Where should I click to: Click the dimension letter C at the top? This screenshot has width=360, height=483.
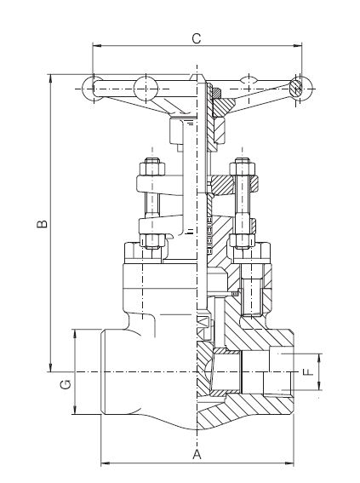pyautogui.click(x=197, y=38)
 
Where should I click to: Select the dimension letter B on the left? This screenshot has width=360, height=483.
pyautogui.click(x=43, y=224)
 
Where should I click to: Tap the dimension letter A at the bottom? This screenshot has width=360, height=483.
pyautogui.click(x=197, y=454)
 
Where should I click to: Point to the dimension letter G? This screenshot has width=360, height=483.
pyautogui.click(x=66, y=384)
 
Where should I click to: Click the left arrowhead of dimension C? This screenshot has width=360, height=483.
pyautogui.click(x=97, y=46)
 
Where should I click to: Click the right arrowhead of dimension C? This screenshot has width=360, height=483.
pyautogui.click(x=298, y=46)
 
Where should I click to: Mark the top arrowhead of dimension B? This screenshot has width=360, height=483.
pyautogui.click(x=51, y=78)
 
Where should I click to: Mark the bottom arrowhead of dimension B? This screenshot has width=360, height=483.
pyautogui.click(x=51, y=367)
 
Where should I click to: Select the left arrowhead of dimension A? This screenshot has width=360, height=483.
pyautogui.click(x=106, y=463)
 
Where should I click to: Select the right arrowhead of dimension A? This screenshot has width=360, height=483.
pyautogui.click(x=289, y=463)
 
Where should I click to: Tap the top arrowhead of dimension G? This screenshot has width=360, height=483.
pyautogui.click(x=75, y=334)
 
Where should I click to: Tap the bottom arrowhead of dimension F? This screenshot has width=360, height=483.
pyautogui.click(x=319, y=386)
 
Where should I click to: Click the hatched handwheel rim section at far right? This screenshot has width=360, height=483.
pyautogui.click(x=296, y=89)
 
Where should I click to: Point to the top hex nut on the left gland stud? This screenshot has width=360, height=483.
pyautogui.click(x=152, y=167)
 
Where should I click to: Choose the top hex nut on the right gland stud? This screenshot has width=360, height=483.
pyautogui.click(x=243, y=167)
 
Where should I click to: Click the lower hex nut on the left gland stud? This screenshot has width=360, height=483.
pyautogui.click(x=152, y=241)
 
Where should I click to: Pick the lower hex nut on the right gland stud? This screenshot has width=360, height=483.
pyautogui.click(x=243, y=241)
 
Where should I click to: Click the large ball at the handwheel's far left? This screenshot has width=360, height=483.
pyautogui.click(x=93, y=89)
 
